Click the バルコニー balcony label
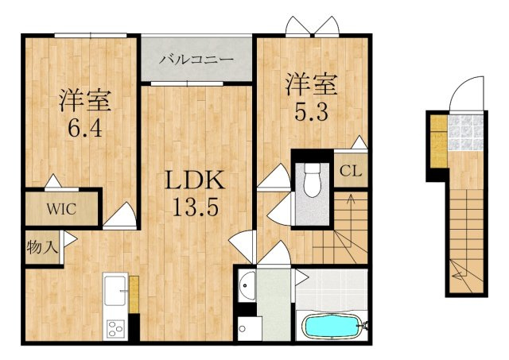coord(196,60)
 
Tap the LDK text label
coord(195,180)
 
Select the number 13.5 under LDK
coord(196,207)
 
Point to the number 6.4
coord(85,127)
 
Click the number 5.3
coord(311,112)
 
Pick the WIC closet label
coord(61,209)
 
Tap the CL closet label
coord(351,171)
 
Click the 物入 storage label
coord(42,248)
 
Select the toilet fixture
coord(312,180)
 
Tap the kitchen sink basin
coord(115,291)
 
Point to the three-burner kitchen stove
coord(116,329)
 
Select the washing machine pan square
coord(250,328)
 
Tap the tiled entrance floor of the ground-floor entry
coord(465,133)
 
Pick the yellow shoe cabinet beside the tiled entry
coord(439,141)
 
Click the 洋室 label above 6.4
coord(85,101)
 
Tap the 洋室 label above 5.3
coord(311,85)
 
